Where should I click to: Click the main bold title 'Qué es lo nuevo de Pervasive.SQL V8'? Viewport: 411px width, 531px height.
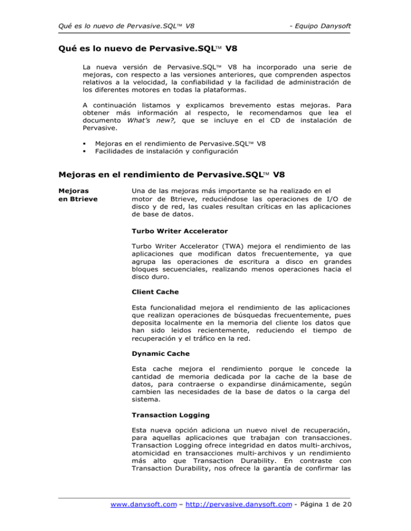[144, 50]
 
